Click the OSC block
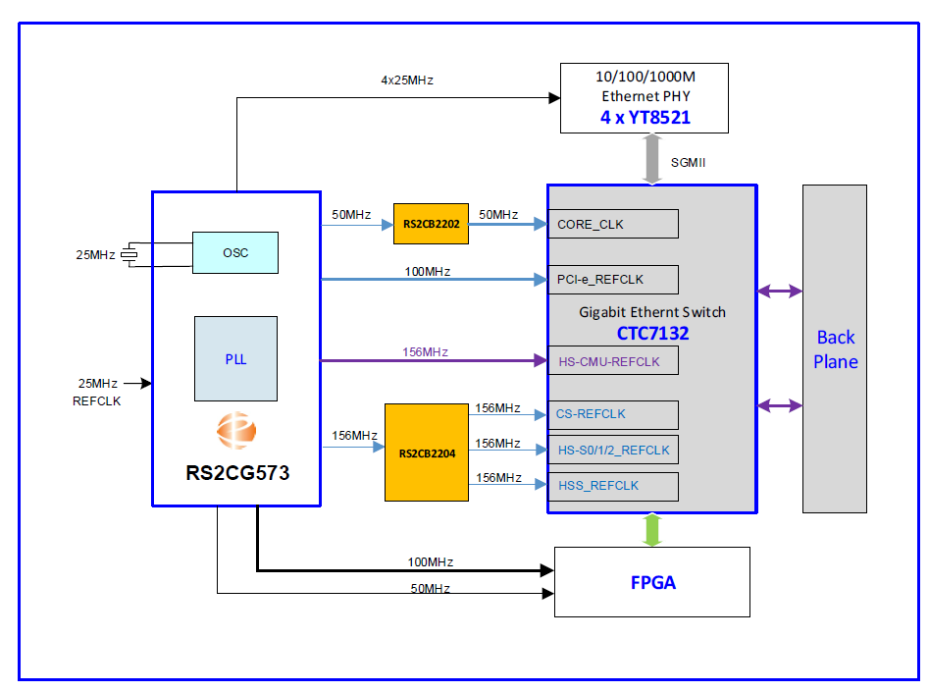tap(235, 252)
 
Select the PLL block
tap(235, 358)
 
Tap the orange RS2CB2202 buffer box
tap(431, 224)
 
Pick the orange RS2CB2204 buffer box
tap(427, 452)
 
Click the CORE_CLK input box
tap(613, 224)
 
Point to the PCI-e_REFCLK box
tap(613, 279)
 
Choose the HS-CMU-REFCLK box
tap(613, 361)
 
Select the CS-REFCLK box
tap(613, 414)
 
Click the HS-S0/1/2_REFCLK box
tap(613, 450)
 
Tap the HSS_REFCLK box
tap(613, 486)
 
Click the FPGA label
tap(653, 582)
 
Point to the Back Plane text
tap(836, 349)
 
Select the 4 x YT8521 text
tap(644, 118)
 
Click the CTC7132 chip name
tap(652, 334)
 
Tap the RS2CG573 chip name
tap(237, 473)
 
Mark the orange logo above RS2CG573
tap(236, 431)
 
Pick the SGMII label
tap(688, 162)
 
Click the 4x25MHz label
tap(407, 80)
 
